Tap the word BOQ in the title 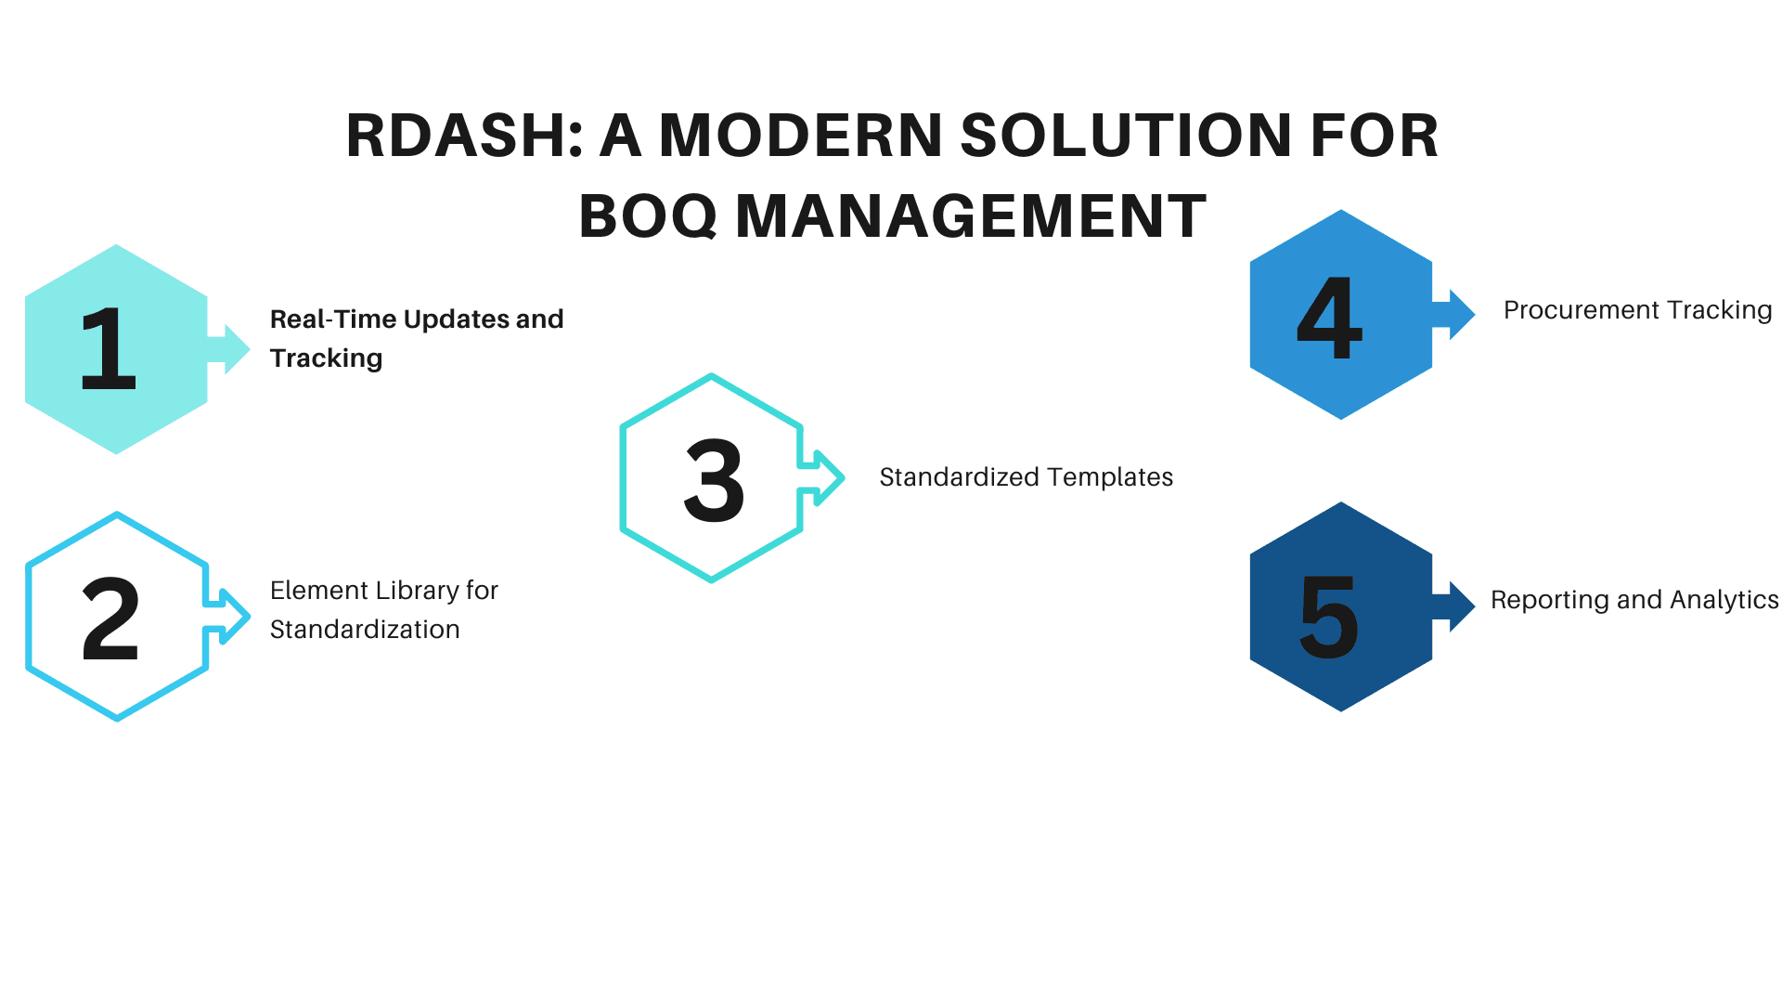[648, 216]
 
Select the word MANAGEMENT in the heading [971, 216]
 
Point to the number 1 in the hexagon [109, 349]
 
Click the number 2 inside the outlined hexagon [110, 619]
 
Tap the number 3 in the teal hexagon [714, 480]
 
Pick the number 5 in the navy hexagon [1329, 616]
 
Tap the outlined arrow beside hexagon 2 [228, 616]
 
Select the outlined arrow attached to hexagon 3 [823, 478]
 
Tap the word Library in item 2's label [416, 591]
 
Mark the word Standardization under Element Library [365, 630]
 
